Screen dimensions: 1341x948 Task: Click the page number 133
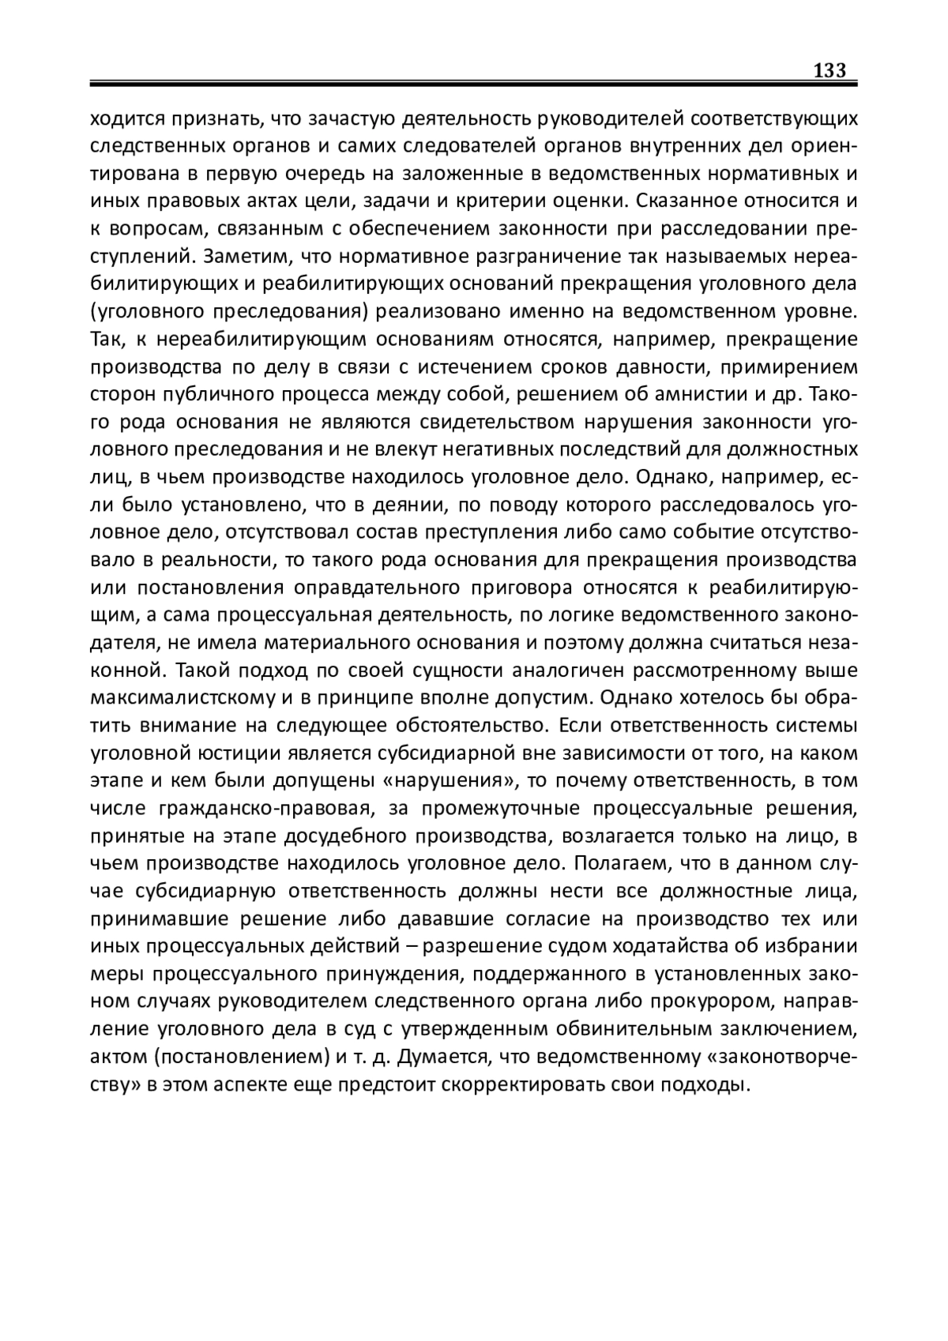(829, 70)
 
